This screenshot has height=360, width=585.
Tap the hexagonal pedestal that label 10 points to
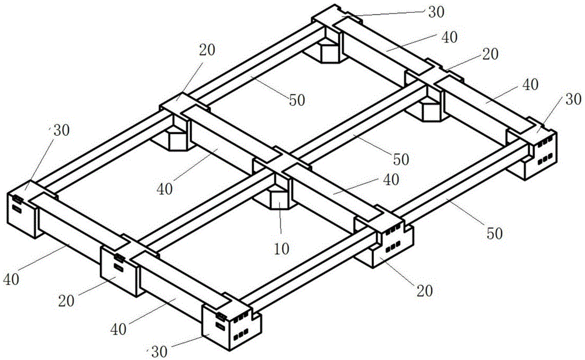coord(279,199)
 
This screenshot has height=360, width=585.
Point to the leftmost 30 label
coord(61,130)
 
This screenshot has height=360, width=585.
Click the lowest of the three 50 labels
coord(494,234)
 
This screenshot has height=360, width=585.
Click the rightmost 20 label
coord(490,54)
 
